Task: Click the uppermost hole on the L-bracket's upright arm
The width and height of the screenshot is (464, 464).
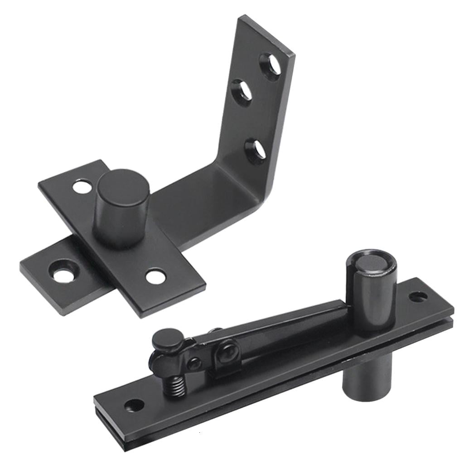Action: (270, 67)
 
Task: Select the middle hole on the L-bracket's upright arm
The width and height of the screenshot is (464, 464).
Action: (242, 92)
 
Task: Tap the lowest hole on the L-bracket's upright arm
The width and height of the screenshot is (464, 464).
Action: (256, 151)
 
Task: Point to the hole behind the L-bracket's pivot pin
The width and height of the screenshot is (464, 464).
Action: (82, 187)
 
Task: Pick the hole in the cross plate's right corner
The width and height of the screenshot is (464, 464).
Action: (155, 276)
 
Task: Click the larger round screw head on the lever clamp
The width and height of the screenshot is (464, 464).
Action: (227, 353)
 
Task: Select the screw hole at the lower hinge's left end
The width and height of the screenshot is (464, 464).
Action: (134, 405)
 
